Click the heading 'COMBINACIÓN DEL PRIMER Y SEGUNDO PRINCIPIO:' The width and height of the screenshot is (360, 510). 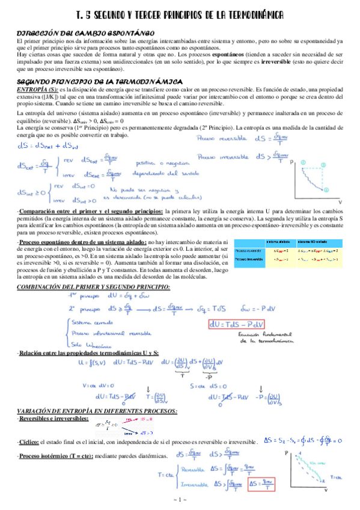click(93, 287)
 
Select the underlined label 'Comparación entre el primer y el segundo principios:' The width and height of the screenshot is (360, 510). click(90, 212)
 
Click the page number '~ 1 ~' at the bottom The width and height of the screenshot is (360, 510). click(180, 500)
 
